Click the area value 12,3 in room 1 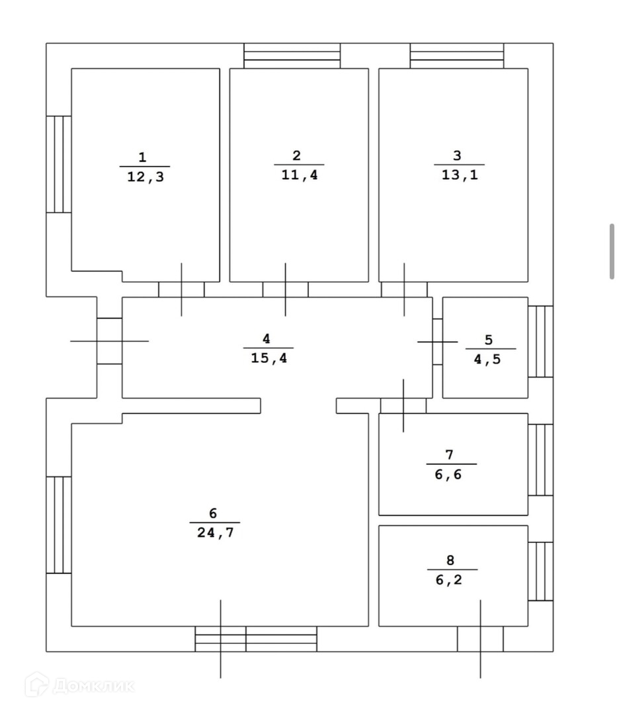pos(145,177)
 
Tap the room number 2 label pos(296,156)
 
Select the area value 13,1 pos(460,175)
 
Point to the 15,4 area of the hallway pos(268,358)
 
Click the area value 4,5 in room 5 pos(487,359)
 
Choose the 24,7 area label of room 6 pos(215,532)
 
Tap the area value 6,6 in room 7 pos(448,475)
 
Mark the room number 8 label pos(450,560)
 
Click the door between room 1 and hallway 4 pos(181,290)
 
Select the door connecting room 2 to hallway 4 pos(286,290)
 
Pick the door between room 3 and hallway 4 pos(404,290)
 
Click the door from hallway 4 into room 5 pos(437,342)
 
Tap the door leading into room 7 pos(403,406)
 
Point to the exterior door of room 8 pos(480,639)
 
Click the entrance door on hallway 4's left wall pos(109,341)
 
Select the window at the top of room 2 pos(292,56)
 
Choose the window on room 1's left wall pos(59,165)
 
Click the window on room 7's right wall pos(541,460)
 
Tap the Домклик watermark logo pos(80,685)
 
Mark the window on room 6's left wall pos(59,525)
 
